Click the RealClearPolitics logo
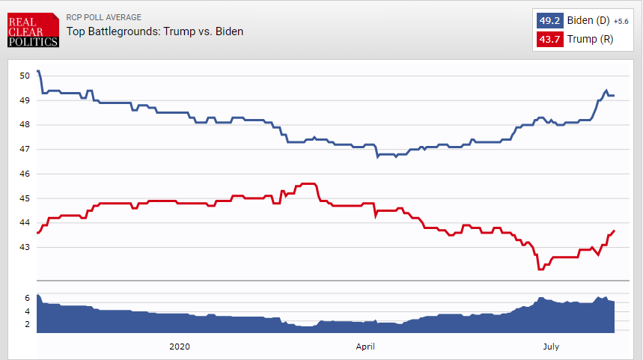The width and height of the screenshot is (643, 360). [33, 30]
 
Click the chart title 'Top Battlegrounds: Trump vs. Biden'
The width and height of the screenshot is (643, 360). [155, 31]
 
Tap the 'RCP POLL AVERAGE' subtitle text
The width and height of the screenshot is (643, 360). [104, 17]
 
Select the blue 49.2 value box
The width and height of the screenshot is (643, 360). [549, 20]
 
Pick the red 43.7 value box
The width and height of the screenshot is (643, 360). [549, 40]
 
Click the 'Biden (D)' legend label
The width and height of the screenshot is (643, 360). [588, 20]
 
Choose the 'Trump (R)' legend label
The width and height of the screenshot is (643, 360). [590, 40]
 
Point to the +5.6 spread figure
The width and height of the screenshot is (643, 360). [621, 21]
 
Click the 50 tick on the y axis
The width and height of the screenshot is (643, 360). [25, 76]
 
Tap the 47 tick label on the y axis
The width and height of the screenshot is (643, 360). [25, 149]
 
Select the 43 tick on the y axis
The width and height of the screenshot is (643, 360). [25, 247]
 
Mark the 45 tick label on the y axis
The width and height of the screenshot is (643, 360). [25, 198]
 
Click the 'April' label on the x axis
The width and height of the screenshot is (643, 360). [365, 347]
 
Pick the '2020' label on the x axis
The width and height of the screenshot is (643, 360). [180, 347]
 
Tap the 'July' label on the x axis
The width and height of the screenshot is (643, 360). [551, 347]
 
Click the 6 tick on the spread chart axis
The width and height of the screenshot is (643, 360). [27, 298]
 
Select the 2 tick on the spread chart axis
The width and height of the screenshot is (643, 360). [27, 324]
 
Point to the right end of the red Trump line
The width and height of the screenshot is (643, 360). [614, 231]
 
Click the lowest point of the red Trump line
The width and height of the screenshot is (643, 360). [540, 269]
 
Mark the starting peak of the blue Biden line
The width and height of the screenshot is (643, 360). [38, 71]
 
